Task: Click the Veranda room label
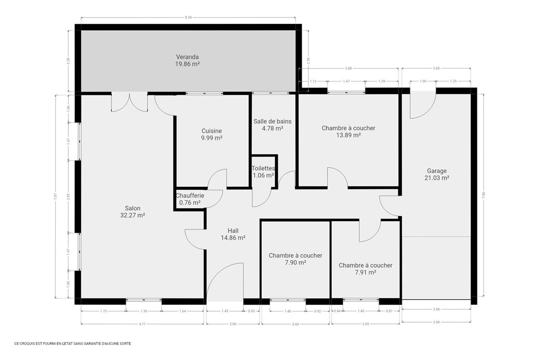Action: pos(187,57)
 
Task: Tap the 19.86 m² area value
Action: pos(187,63)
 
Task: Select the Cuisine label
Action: pos(211,131)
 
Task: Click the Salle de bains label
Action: pos(272,121)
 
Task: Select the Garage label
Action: pos(436,171)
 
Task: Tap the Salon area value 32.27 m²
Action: pos(133,215)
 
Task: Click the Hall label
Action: pos(233,231)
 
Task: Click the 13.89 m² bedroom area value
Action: pos(348,135)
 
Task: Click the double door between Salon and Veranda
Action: pos(129,102)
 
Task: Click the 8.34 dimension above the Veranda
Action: pos(188,17)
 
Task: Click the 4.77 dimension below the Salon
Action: pos(142,324)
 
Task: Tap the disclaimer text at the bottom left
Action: pos(73,343)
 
